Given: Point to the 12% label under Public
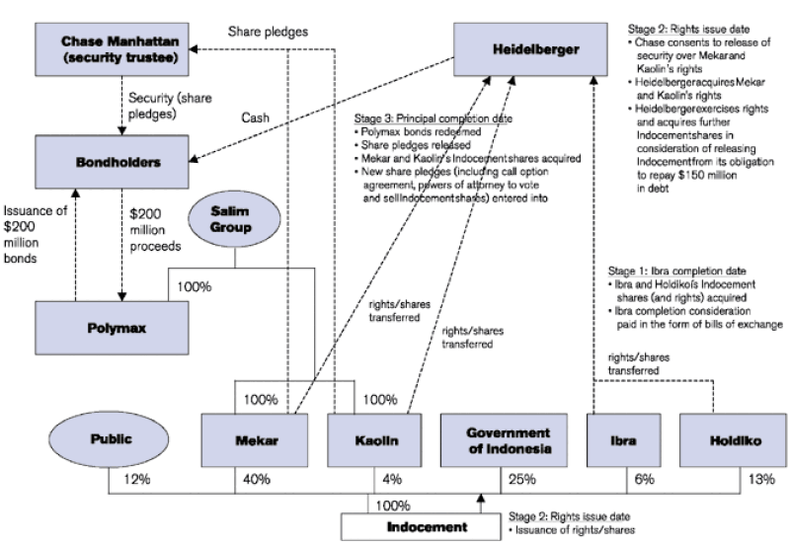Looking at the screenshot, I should [135, 480].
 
